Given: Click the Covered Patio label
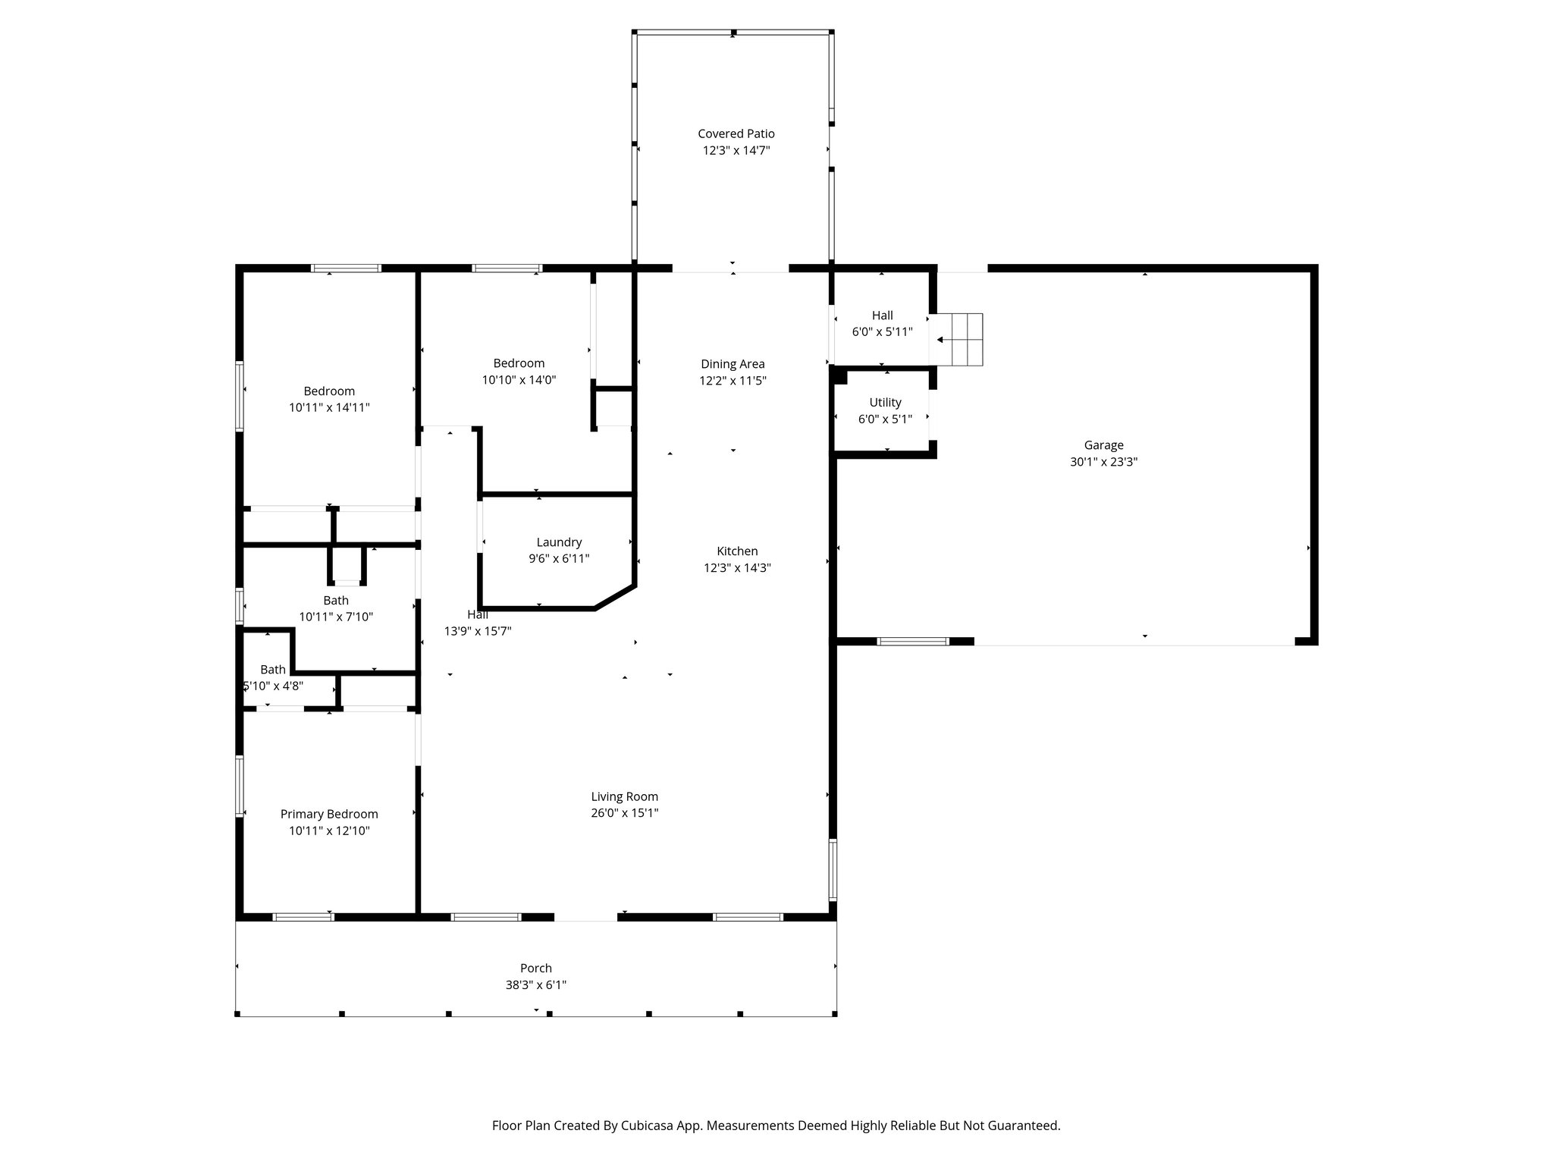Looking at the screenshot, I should click(x=736, y=134).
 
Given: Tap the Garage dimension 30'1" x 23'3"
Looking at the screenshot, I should click(x=1103, y=462).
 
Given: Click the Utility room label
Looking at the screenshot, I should click(x=885, y=403).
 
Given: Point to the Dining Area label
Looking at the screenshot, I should click(x=733, y=364).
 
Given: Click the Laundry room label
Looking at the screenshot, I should click(x=559, y=542).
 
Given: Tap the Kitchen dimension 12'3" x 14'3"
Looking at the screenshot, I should click(x=737, y=568).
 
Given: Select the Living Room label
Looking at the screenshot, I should click(x=624, y=796).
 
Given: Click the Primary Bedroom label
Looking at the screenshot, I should click(x=329, y=814).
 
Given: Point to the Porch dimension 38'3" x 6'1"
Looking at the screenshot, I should click(x=536, y=985).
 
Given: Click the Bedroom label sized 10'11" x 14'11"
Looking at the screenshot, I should click(x=329, y=391).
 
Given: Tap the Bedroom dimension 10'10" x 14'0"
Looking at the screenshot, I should click(x=519, y=380).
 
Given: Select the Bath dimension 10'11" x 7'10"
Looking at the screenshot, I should click(x=336, y=617).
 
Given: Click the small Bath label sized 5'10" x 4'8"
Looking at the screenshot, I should click(x=273, y=670).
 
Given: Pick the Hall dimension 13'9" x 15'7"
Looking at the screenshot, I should click(x=478, y=631).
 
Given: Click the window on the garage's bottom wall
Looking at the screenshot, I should click(x=913, y=642).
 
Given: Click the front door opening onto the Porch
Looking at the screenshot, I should click(x=585, y=917).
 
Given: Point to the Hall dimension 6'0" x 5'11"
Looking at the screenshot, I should click(x=882, y=332).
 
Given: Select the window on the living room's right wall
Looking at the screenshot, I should click(x=833, y=869).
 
